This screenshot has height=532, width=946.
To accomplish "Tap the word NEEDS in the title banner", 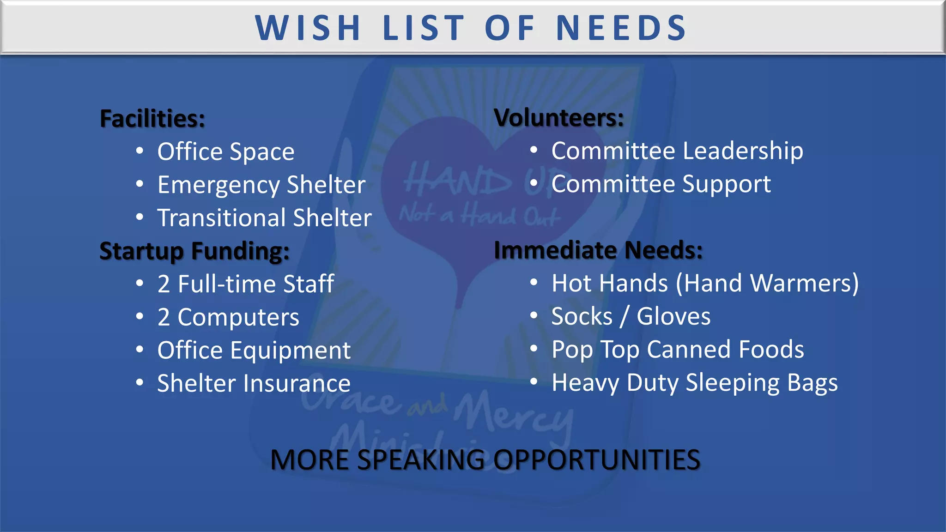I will click(621, 28).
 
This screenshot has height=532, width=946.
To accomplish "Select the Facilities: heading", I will click(152, 119).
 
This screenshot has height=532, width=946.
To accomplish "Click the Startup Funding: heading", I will click(194, 251).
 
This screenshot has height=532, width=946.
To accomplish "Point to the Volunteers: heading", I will click(559, 118).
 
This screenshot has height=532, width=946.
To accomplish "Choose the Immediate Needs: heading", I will click(598, 250).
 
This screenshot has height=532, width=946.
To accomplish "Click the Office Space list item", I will click(226, 152).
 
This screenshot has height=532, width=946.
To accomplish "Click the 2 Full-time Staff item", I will click(246, 284).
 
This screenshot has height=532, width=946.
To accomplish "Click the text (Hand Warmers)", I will click(767, 283).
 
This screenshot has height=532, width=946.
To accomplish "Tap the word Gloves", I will click(673, 317).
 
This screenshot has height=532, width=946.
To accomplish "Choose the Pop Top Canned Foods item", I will click(678, 350).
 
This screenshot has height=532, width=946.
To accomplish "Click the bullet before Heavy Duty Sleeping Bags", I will click(534, 382).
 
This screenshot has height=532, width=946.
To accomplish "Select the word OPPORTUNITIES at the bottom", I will click(597, 460).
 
